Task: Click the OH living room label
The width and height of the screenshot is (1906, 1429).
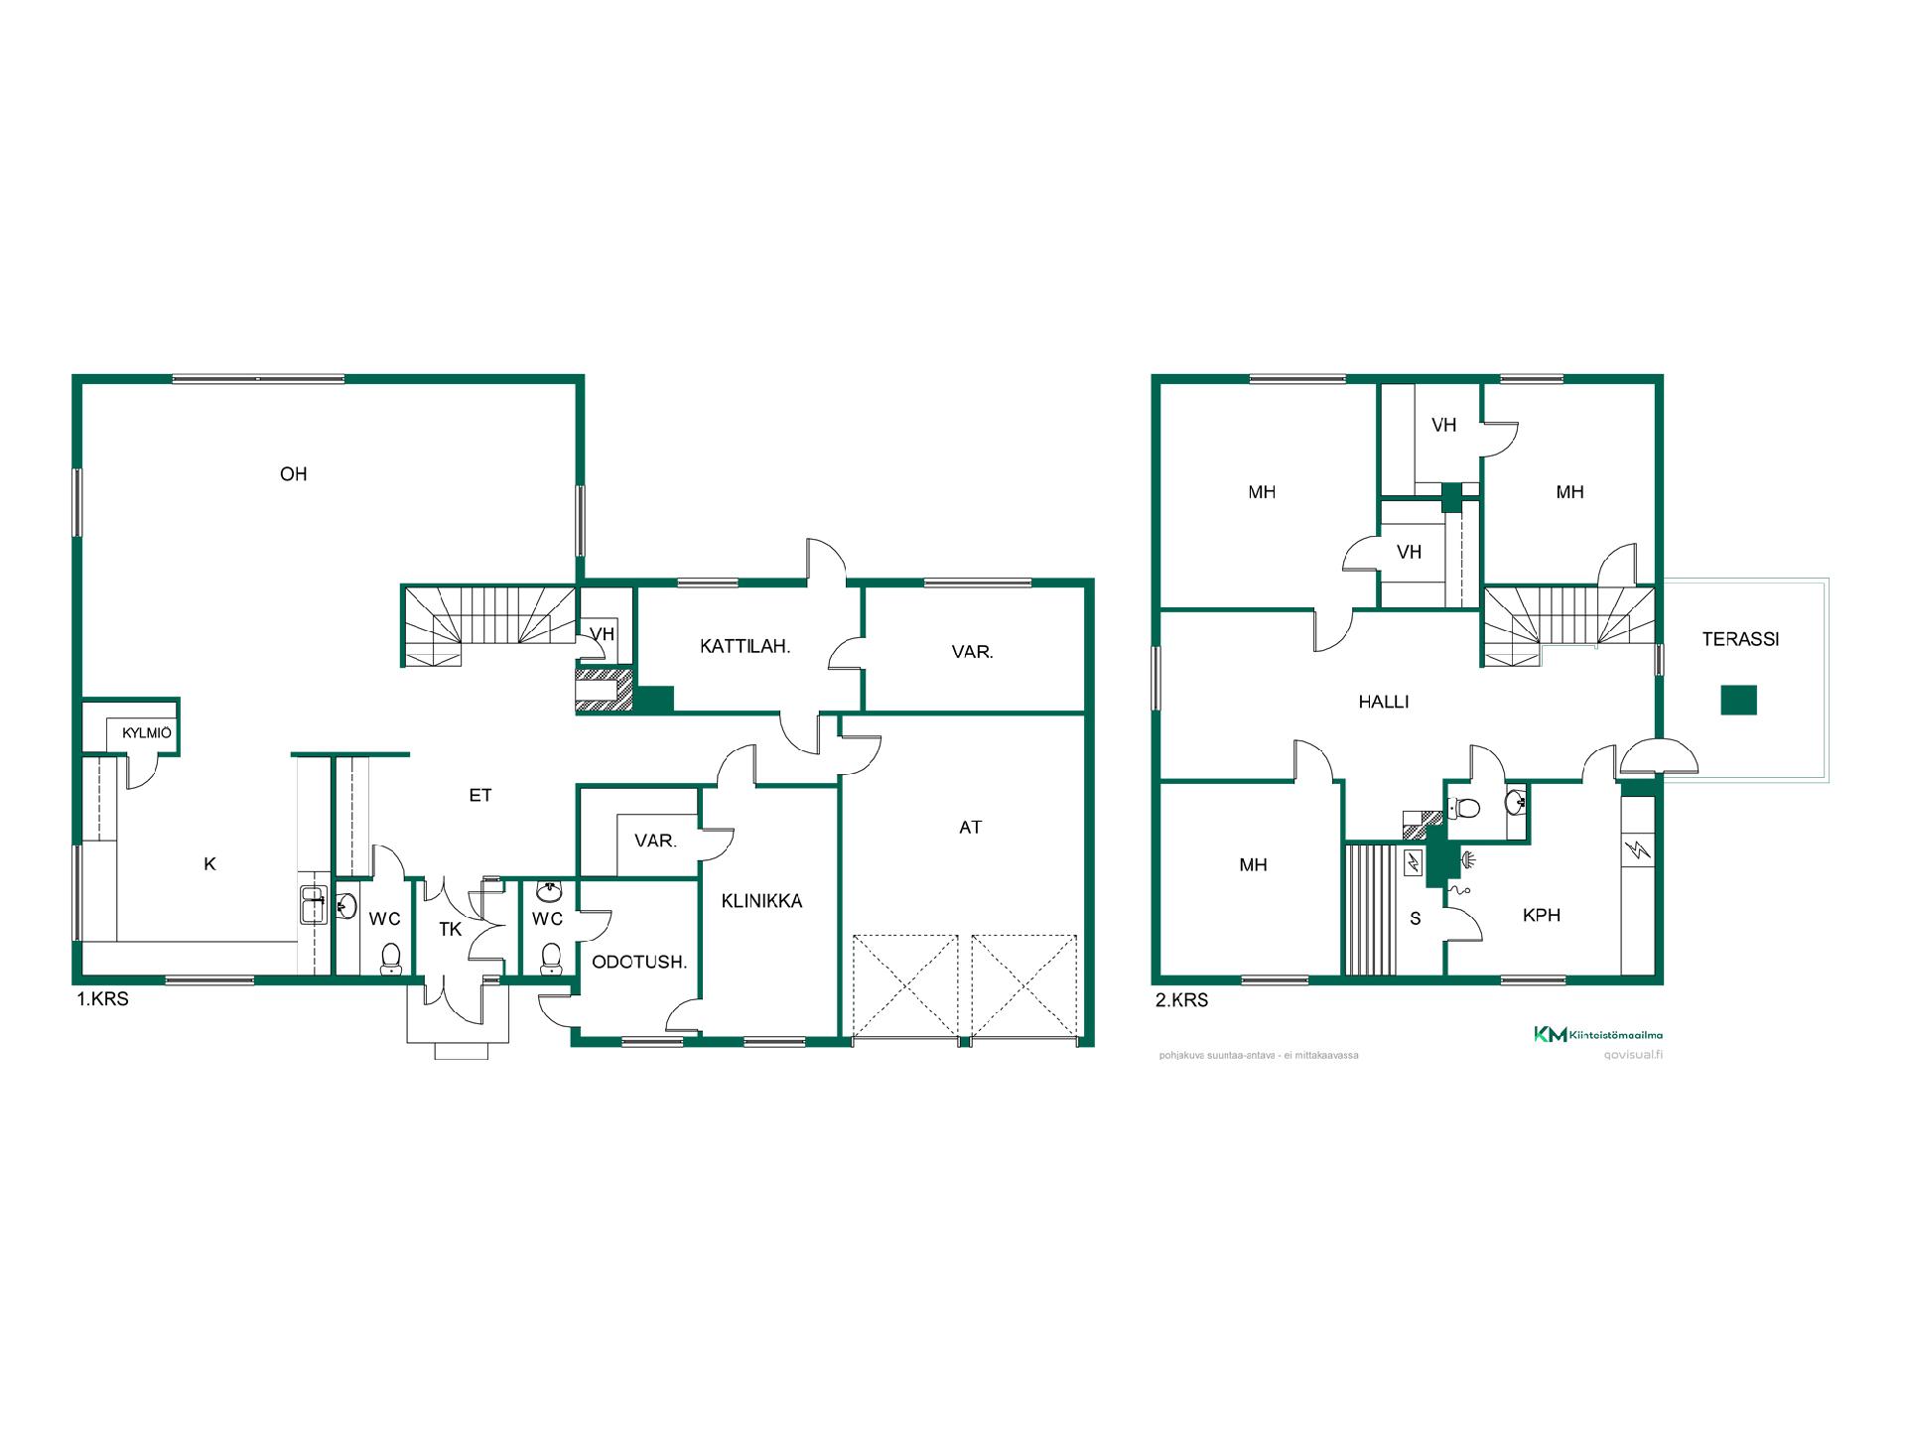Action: pos(293,474)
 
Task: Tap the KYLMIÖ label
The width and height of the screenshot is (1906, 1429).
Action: pos(147,733)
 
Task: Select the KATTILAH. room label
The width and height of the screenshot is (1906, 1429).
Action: pos(745,647)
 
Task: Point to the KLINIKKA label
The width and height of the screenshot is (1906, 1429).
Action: pos(761,901)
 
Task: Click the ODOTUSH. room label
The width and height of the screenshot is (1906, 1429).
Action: pos(639,962)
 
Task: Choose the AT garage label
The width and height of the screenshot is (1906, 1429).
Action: pos(970,827)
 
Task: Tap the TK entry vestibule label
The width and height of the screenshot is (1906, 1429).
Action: pos(451,930)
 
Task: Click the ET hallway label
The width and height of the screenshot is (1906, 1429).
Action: pos(480,795)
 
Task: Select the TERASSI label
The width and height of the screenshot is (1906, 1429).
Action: pos(1740,639)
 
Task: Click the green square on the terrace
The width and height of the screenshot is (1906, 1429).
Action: pos(1738,701)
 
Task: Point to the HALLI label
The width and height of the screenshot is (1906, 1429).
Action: pos(1383,702)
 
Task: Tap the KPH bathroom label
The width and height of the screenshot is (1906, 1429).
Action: pos(1541,915)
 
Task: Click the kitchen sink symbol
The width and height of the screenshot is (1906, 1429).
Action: pos(313,905)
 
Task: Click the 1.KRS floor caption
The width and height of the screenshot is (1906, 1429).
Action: pos(103,999)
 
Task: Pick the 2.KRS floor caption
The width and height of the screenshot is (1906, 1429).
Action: pos(1181,1000)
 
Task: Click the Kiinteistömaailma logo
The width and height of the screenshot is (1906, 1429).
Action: pos(1598,1034)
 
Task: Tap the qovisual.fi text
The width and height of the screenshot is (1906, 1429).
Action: pos(1633,1055)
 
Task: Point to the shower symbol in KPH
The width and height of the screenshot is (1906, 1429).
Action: pos(1467,856)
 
